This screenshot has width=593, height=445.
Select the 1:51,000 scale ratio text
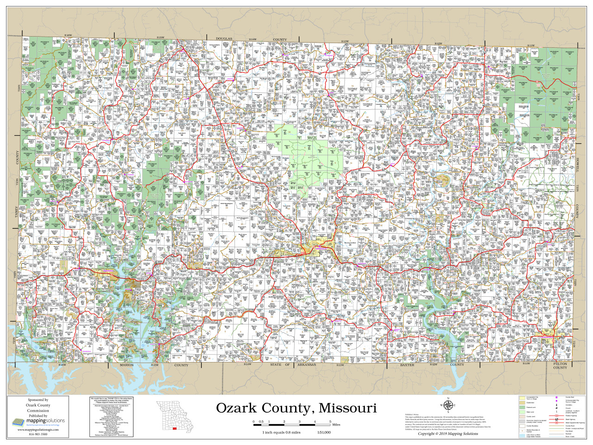pos(324,432)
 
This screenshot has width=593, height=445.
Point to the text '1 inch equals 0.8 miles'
pos(281,432)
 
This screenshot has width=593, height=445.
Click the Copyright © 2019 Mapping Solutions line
pos(448,434)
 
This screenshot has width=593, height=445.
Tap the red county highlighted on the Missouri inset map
pos(174,429)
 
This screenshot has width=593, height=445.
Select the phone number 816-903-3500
pos(38,434)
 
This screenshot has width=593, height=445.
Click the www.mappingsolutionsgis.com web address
pos(38,430)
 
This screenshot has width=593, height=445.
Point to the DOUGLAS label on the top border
pos(224,39)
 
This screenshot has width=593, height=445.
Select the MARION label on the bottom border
pos(126,365)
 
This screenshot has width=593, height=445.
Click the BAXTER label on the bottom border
pos(407,365)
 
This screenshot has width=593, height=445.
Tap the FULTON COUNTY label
pos(560,366)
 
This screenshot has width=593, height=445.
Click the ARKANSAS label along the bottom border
pos(306,365)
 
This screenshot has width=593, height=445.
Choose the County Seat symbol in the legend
pos(556,398)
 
